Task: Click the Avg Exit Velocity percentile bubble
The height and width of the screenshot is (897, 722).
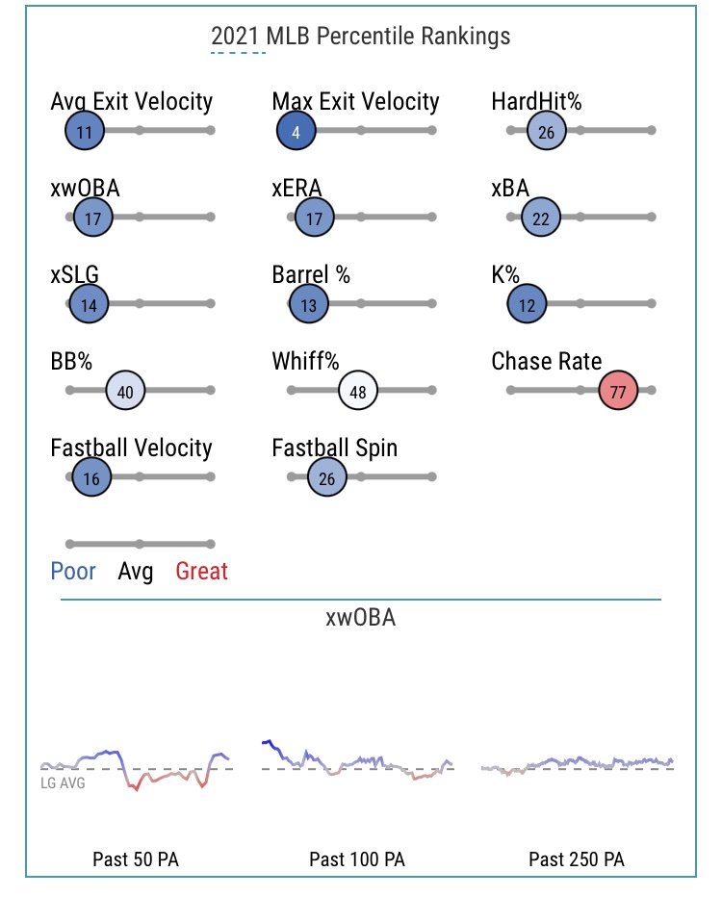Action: tap(84, 131)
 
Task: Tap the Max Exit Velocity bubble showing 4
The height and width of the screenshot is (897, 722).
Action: tap(296, 131)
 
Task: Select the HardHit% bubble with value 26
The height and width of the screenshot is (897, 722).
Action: tap(547, 131)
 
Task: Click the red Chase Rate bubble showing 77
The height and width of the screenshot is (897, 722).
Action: tap(618, 391)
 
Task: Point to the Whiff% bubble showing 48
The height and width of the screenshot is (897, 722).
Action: tap(357, 391)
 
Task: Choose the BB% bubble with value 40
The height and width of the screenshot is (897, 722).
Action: tap(125, 391)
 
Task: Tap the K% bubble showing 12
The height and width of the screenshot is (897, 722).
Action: tap(527, 304)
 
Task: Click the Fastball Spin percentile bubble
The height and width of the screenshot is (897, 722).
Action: tap(326, 477)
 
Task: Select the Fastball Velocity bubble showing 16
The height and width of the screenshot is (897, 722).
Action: tap(91, 477)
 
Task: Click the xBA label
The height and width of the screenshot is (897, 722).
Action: tap(510, 189)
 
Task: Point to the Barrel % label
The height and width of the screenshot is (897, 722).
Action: tap(311, 274)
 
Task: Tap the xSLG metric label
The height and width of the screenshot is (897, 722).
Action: tap(74, 274)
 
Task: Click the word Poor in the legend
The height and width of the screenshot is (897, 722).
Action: tap(72, 571)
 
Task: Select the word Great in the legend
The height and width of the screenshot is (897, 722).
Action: tap(201, 571)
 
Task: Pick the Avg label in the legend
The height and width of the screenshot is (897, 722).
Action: tap(136, 572)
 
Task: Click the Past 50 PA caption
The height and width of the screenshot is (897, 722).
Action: tap(136, 859)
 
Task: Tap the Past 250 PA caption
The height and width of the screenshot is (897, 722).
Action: tap(576, 859)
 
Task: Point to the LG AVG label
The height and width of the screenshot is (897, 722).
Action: tap(63, 783)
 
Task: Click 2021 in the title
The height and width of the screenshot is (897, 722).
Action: tap(235, 36)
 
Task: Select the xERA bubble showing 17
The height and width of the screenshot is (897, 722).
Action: tap(314, 218)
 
